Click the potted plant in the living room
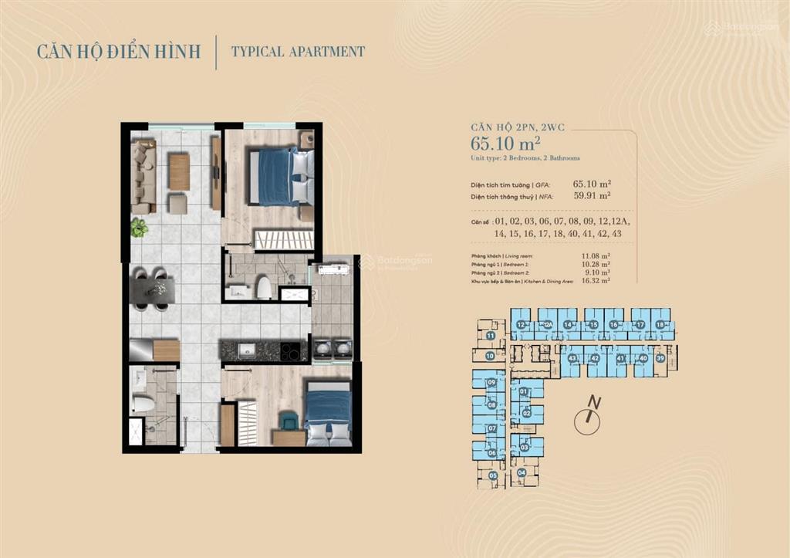click(x=139, y=227)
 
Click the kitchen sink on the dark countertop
click(x=247, y=350)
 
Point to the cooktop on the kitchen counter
click(x=291, y=351)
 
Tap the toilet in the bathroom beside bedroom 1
click(x=264, y=288)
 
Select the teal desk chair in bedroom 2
click(x=288, y=420)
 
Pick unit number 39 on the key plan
click(x=660, y=358)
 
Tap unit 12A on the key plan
click(x=547, y=326)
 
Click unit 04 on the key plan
click(x=522, y=472)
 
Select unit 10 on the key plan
click(x=490, y=356)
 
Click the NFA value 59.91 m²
click(x=592, y=196)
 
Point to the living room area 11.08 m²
click(x=594, y=255)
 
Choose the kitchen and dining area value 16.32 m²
click(x=594, y=281)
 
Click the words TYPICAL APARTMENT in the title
click(x=299, y=52)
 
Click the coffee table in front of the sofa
click(x=179, y=172)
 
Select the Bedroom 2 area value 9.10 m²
click(x=596, y=272)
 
